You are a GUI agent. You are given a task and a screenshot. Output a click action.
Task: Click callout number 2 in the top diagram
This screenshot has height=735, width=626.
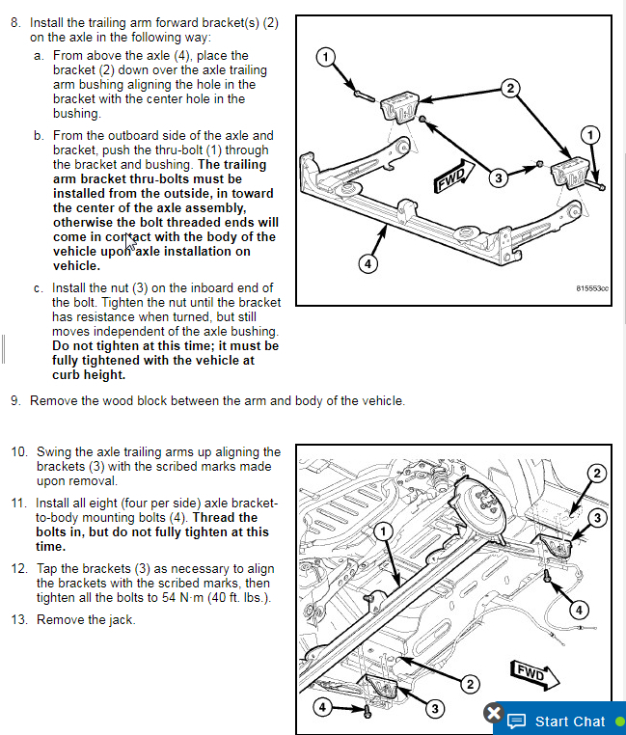511,88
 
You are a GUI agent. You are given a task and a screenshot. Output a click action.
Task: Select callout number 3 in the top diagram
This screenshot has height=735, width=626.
498,177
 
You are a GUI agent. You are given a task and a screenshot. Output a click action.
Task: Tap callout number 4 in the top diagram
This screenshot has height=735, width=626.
367,262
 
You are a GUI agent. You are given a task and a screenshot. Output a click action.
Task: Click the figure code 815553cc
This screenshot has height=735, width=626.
592,287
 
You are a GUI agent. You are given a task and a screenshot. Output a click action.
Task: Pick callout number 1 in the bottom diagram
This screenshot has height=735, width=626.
383,531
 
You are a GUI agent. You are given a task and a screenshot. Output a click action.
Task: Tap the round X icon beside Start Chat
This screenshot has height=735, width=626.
493,715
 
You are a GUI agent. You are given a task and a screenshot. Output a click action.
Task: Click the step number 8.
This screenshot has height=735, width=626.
14,21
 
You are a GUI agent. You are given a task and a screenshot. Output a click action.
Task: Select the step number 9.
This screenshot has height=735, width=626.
14,400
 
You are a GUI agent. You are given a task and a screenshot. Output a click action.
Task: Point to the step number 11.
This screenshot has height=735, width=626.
18,504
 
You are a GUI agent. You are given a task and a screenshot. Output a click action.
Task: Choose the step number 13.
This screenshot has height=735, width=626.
18,619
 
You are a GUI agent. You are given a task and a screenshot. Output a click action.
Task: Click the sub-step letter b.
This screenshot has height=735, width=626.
39,136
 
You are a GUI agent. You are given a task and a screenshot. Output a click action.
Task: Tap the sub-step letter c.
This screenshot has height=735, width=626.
39,287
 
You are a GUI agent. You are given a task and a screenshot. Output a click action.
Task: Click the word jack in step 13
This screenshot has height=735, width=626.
121,619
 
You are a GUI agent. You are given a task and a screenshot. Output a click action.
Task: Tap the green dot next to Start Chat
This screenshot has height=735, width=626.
619,721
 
